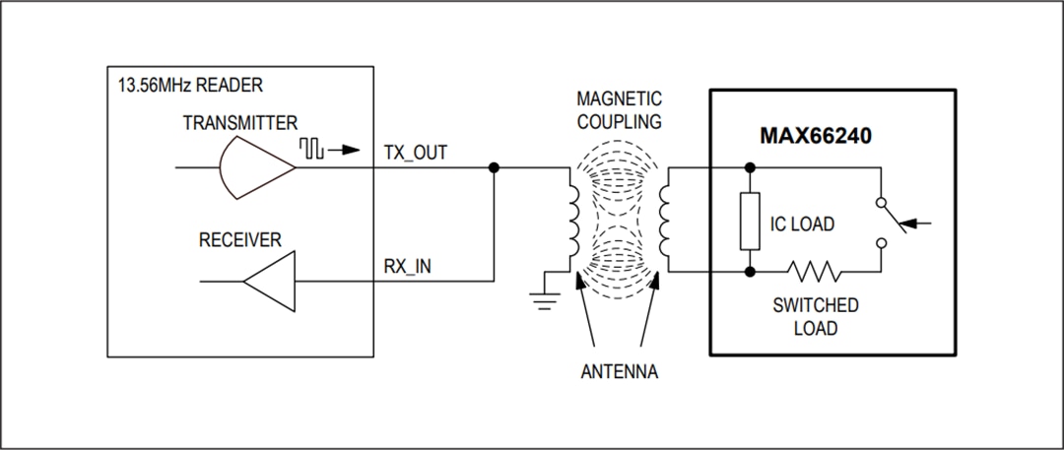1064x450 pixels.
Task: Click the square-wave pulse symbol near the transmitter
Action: pos(313,149)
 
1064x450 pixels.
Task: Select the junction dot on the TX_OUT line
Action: pos(494,168)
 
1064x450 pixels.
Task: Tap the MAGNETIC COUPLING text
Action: pos(620,111)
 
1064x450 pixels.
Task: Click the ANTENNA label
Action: pos(619,373)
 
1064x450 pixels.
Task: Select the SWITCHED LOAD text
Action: pos(815,316)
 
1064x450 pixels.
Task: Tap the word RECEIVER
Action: pos(240,239)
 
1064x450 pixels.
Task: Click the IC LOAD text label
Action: pos(802,225)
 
